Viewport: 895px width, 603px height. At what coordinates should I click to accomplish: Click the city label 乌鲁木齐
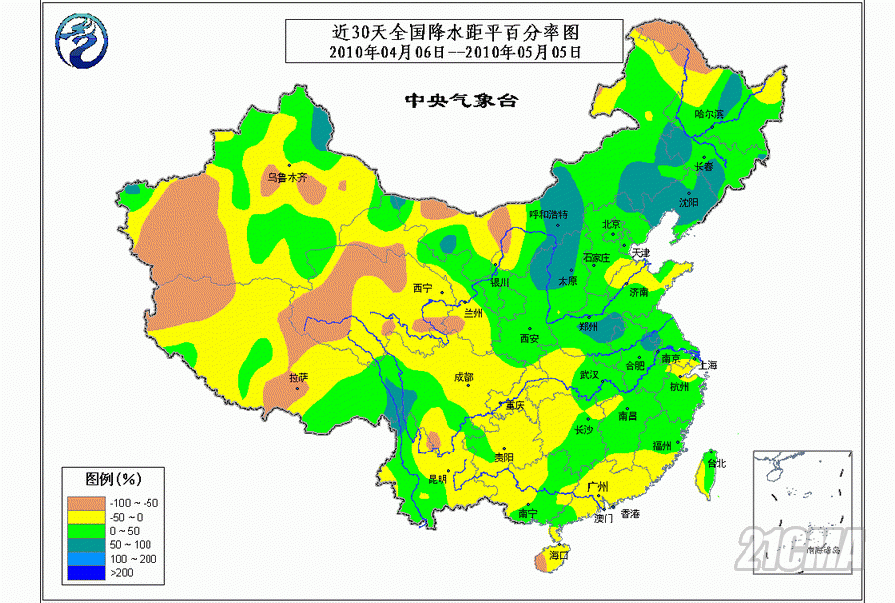coord(288,178)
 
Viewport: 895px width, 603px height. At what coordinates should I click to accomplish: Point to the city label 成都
coord(463,377)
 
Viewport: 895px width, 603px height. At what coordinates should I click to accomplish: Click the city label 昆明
coord(439,479)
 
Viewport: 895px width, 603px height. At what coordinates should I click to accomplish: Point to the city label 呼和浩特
coord(547,214)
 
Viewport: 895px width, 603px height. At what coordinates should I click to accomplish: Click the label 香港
coord(630,514)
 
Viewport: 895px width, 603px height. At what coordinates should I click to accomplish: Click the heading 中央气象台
coord(452,101)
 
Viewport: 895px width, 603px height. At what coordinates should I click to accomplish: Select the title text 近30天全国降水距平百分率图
coord(454,31)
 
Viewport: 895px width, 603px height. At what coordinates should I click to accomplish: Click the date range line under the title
coord(454,51)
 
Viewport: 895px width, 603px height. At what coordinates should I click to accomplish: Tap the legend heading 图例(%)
coord(98,479)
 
